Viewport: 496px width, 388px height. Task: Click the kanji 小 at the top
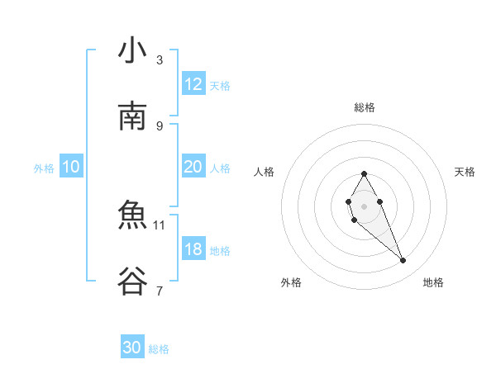pyautogui.click(x=132, y=51)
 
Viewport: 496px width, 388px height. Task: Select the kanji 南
pyautogui.click(x=132, y=116)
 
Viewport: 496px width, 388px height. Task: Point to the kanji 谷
pyautogui.click(x=132, y=282)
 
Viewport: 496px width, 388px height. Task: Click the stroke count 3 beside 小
pyautogui.click(x=160, y=59)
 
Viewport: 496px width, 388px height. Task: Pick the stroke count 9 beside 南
pyautogui.click(x=160, y=125)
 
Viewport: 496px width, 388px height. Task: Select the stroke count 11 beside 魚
pyautogui.click(x=160, y=225)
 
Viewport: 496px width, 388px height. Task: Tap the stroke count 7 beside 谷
pyautogui.click(x=160, y=291)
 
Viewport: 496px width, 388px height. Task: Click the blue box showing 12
pyautogui.click(x=193, y=84)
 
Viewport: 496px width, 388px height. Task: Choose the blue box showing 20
pyautogui.click(x=193, y=167)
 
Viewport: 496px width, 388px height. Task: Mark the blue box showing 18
pyautogui.click(x=193, y=249)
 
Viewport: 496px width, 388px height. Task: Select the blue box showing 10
pyautogui.click(x=71, y=167)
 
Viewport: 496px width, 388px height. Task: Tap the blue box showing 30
pyautogui.click(x=132, y=348)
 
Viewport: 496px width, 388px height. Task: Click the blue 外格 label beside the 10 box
pyautogui.click(x=44, y=168)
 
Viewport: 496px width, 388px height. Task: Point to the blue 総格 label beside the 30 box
pyautogui.click(x=159, y=349)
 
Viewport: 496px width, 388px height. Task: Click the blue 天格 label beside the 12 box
pyautogui.click(x=220, y=85)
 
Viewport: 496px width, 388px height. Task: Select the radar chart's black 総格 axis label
pyautogui.click(x=364, y=107)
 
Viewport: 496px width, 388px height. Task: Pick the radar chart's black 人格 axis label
pyautogui.click(x=265, y=172)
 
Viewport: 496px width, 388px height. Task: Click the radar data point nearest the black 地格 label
pyautogui.click(x=403, y=261)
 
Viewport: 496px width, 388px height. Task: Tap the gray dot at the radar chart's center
pyautogui.click(x=364, y=205)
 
